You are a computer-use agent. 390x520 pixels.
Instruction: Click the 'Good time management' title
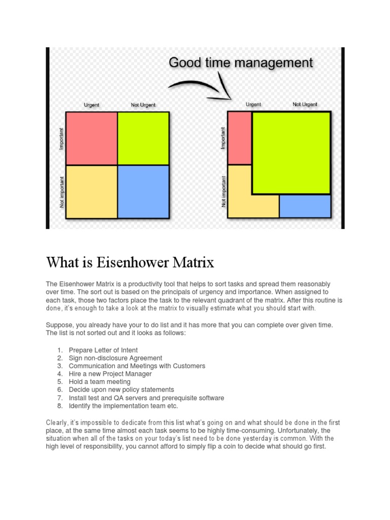[x=241, y=63]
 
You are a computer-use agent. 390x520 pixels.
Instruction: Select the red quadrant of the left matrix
[x=92, y=138]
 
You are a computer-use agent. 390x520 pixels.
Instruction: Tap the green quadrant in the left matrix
[x=143, y=138]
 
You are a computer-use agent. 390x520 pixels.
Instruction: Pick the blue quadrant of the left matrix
[x=143, y=191]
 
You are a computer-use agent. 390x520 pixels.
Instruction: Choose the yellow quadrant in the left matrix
[x=92, y=191]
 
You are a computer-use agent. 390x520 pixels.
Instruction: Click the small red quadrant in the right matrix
[x=239, y=138]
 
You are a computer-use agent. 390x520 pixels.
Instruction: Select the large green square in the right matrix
[x=291, y=152]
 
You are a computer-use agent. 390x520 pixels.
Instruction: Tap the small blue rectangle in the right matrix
[x=305, y=206]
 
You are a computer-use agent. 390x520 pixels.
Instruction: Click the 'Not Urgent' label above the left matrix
[x=143, y=105]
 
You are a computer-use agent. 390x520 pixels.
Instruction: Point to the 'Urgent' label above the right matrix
[x=253, y=105]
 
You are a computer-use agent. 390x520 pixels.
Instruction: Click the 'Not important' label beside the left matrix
[x=62, y=192]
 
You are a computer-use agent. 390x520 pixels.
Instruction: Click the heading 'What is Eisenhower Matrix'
[x=130, y=263]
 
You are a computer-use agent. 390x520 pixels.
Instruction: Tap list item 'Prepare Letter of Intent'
[x=103, y=350]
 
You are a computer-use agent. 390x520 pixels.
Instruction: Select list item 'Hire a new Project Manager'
[x=110, y=374]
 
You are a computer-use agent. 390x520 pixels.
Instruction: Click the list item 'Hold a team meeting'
[x=100, y=382]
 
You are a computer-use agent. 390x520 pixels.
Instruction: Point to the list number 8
[x=59, y=406]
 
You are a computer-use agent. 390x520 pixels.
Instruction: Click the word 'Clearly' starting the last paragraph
[x=56, y=423]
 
